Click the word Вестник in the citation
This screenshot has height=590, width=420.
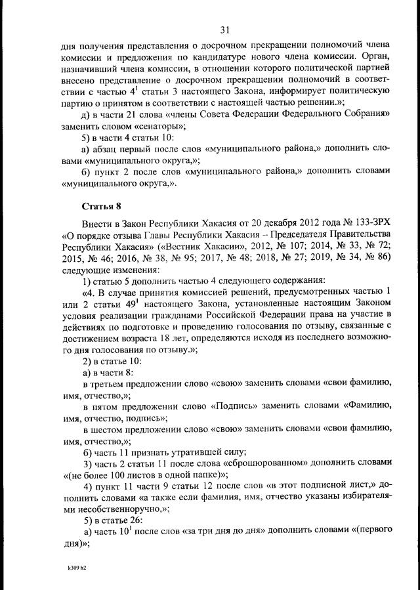(x=172, y=247)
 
